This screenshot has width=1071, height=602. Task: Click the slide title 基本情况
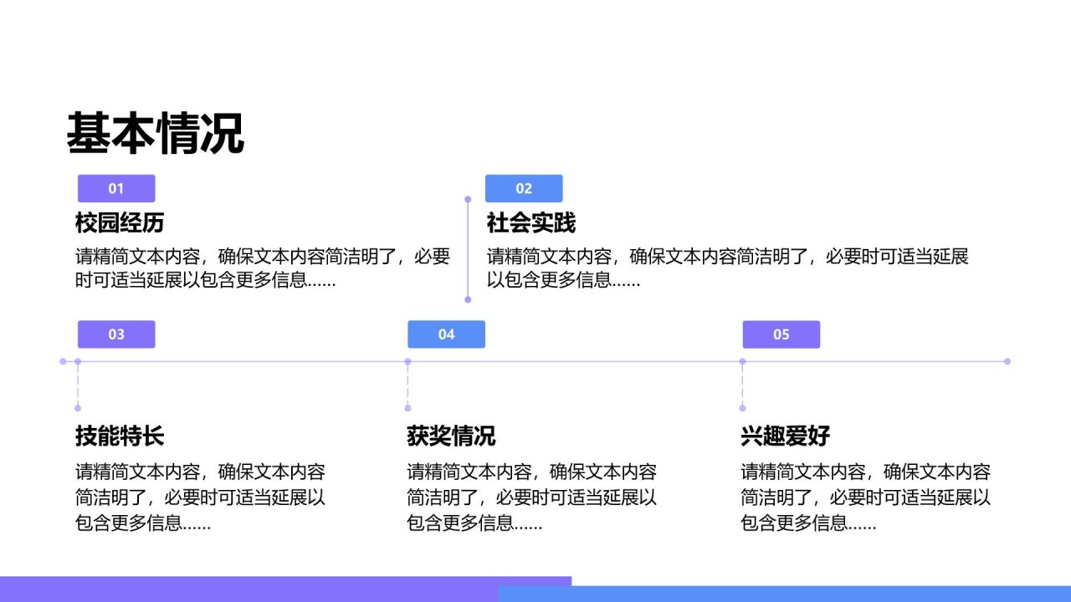coord(156,133)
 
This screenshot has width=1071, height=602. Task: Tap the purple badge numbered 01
coord(116,188)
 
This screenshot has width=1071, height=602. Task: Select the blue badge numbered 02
coord(524,188)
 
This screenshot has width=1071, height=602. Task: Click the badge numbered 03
coord(116,334)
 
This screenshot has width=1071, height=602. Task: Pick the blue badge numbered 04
coord(446,334)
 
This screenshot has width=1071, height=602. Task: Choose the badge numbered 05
coord(781,334)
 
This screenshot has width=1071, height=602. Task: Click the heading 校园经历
coord(120,222)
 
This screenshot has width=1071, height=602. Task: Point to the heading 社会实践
coord(530,222)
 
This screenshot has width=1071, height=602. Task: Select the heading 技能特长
coord(120,436)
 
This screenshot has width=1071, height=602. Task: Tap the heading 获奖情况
coord(451,436)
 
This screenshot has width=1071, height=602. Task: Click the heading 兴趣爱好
coord(785,436)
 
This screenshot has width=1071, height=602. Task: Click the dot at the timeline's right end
coord(1007,362)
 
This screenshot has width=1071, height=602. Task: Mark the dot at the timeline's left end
coord(63,362)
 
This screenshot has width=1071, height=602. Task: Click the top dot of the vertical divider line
coord(468,199)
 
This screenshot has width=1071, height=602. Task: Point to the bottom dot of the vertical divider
coord(468,299)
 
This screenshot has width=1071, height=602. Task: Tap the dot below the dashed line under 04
coord(407,408)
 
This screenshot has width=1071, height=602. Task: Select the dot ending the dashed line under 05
coord(742,408)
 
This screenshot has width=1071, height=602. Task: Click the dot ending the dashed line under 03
coord(78,408)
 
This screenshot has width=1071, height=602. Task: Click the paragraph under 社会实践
coord(727,268)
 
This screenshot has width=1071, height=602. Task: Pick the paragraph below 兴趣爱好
coord(865,497)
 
